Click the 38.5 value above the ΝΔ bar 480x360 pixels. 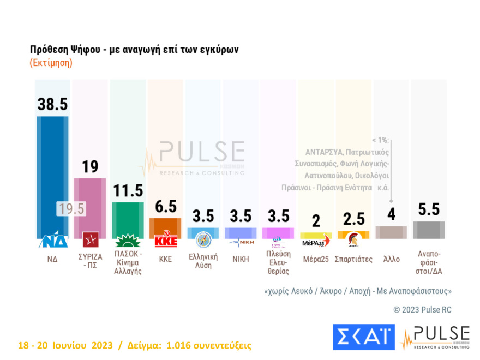tap(52, 104)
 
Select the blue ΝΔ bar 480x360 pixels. tap(52, 175)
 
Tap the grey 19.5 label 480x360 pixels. tap(71, 209)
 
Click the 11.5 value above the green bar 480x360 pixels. tap(127, 190)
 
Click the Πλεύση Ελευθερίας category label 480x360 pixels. tap(278, 263)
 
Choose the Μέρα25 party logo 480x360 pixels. tap(316, 241)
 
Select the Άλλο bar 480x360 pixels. tap(391, 232)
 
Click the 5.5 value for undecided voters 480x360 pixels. tap(428, 209)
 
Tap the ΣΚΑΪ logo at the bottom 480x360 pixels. tap(363, 337)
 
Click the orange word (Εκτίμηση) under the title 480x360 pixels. tap(51, 63)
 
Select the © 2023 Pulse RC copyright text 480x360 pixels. tap(422, 310)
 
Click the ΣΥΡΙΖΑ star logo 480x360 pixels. tap(89, 239)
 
